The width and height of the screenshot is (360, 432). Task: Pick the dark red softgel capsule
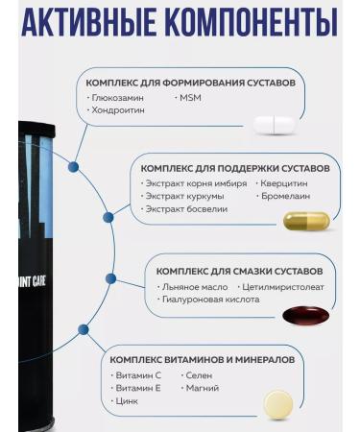click(x=305, y=315)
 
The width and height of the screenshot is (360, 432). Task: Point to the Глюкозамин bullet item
click(x=118, y=98)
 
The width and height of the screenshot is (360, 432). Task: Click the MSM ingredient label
click(x=188, y=98)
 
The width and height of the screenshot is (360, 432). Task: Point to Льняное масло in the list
click(x=192, y=286)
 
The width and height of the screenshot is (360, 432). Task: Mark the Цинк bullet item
click(x=125, y=401)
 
